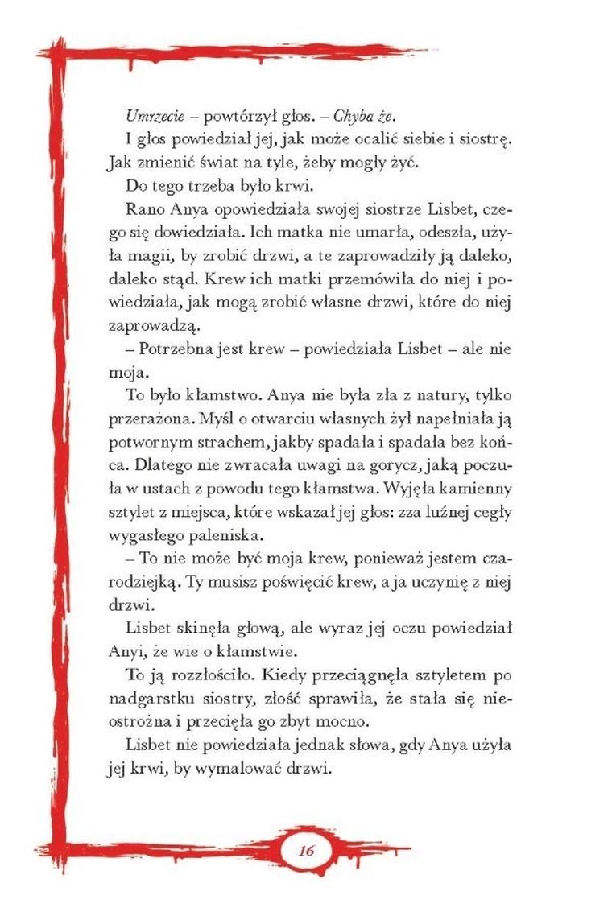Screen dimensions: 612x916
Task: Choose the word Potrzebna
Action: point(171,351)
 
